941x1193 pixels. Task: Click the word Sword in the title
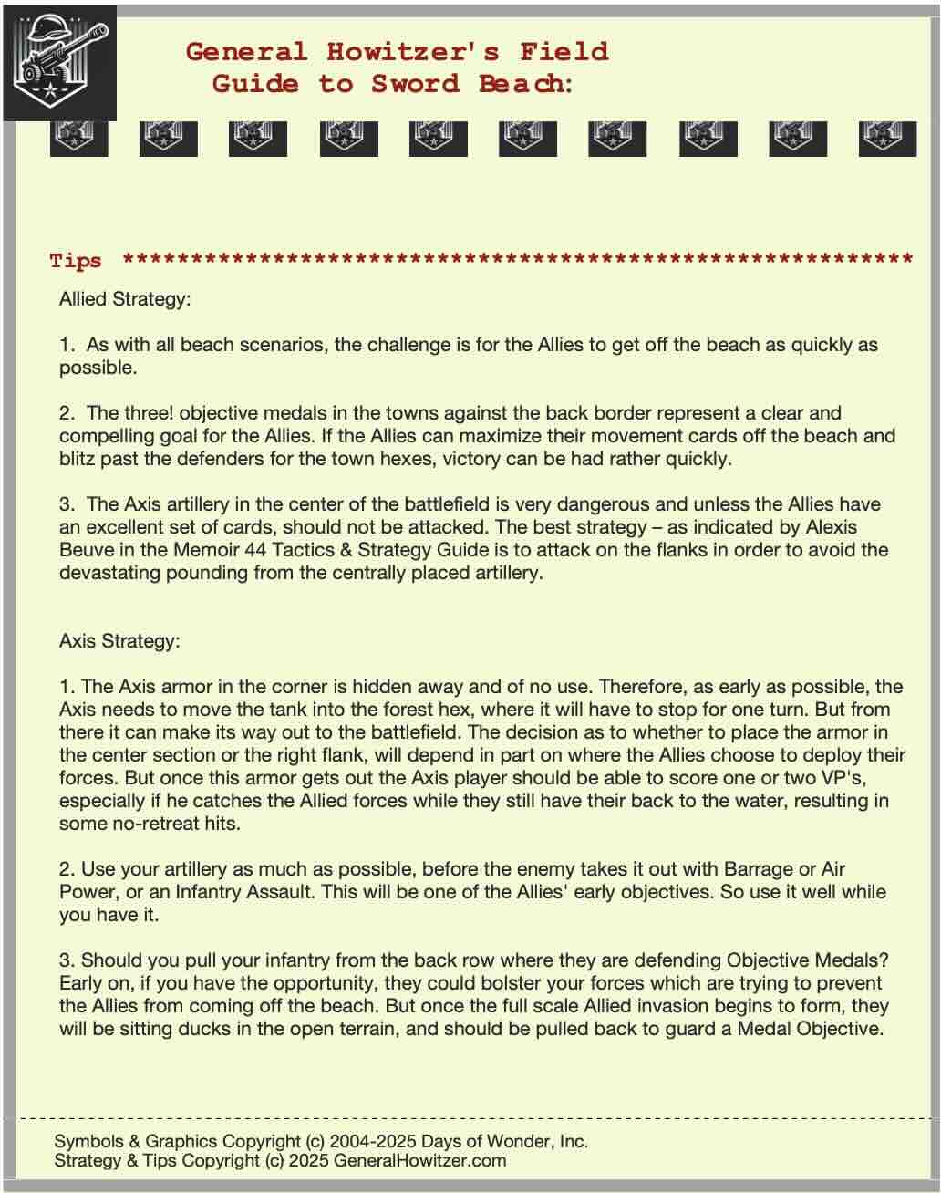pyautogui.click(x=415, y=84)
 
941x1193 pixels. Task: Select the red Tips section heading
pyautogui.click(x=76, y=261)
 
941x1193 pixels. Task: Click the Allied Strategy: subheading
pyautogui.click(x=125, y=299)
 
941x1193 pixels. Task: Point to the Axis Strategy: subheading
pyautogui.click(x=119, y=641)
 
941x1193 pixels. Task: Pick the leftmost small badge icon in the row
pyautogui.click(x=78, y=138)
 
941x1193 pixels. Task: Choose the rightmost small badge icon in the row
pyautogui.click(x=887, y=138)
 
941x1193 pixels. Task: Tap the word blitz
pyautogui.click(x=79, y=459)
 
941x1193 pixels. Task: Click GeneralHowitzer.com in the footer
pyautogui.click(x=419, y=1161)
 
